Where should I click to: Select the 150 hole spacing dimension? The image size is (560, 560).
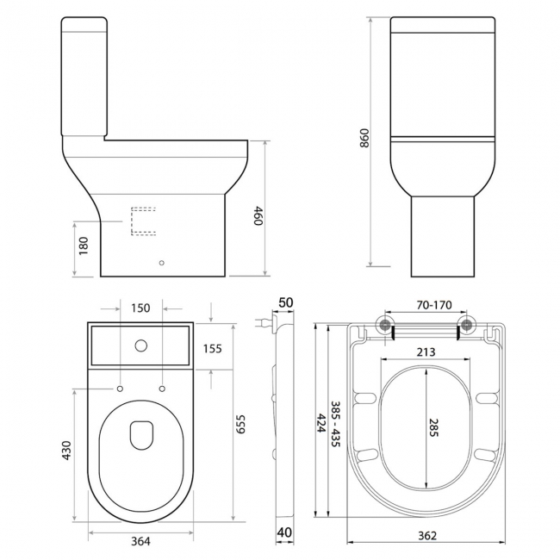140,308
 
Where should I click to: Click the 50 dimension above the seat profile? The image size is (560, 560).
286,303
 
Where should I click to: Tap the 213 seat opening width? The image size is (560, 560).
424,352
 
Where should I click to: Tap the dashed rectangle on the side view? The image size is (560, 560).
143,221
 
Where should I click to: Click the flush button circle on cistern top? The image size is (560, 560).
140,348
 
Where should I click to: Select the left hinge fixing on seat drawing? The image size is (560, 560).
384,325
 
